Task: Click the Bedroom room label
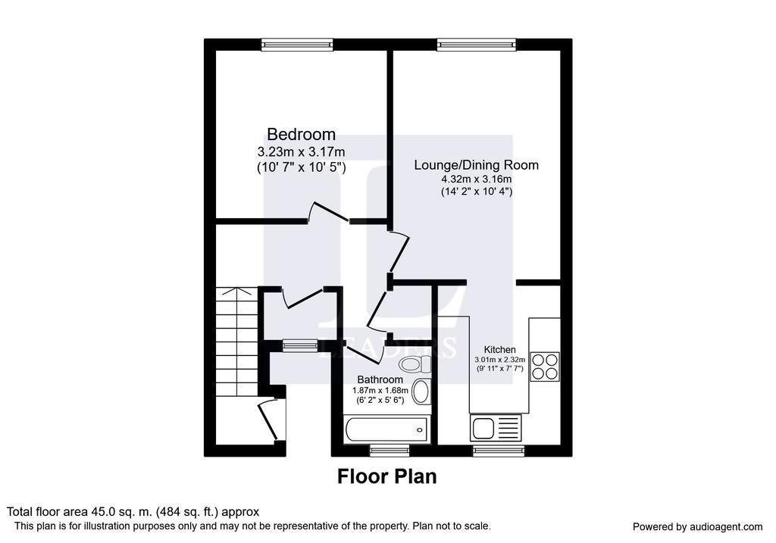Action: click(301, 134)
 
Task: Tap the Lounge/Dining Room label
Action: click(476, 165)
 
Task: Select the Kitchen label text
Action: click(500, 350)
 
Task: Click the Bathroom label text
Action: click(380, 380)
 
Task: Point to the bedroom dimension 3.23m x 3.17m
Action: click(301, 151)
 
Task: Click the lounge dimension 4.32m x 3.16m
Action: click(476, 179)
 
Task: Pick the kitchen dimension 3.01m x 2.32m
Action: click(500, 360)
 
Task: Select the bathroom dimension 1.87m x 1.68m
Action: click(380, 390)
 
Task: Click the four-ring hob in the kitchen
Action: click(545, 367)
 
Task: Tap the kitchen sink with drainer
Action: click(496, 428)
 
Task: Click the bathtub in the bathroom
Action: click(386, 429)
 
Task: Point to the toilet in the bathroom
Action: click(415, 365)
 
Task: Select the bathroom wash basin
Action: click(421, 392)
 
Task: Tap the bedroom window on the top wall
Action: click(297, 45)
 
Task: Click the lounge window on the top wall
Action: click(477, 45)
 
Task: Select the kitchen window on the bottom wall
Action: click(499, 450)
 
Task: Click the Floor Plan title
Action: click(387, 476)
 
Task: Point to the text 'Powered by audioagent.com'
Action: click(697, 527)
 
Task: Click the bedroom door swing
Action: click(329, 211)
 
